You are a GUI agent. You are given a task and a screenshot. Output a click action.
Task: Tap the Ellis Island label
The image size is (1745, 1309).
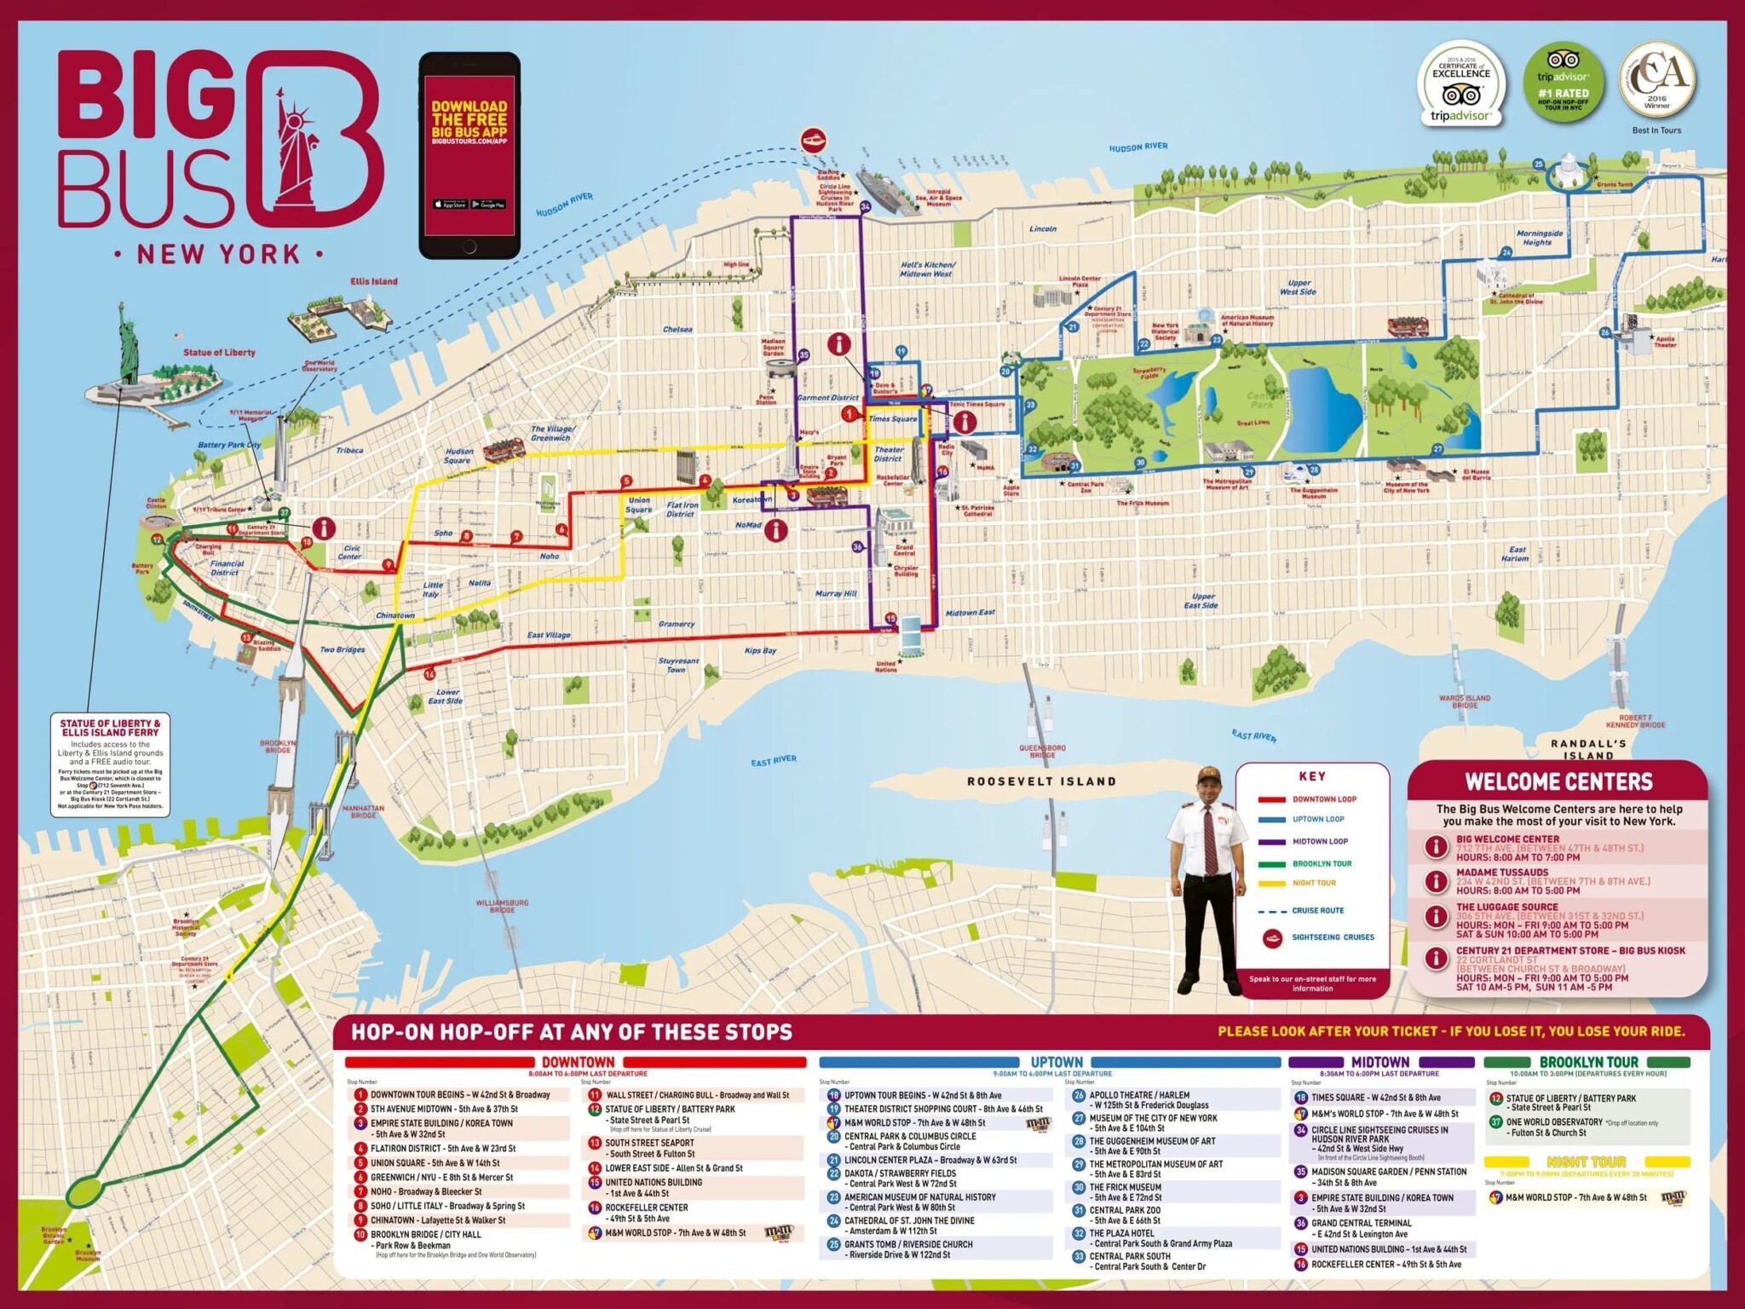(x=373, y=281)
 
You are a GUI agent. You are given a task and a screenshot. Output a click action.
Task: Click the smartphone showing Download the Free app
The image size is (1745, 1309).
(x=469, y=155)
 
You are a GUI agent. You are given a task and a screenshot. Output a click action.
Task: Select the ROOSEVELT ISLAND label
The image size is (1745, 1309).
(x=1041, y=781)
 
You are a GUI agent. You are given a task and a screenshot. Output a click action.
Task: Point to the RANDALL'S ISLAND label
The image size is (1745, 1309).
(x=1588, y=749)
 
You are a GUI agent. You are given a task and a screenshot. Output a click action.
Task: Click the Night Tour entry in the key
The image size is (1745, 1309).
(x=1314, y=883)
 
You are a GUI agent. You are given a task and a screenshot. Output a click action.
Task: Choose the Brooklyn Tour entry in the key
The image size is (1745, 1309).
(x=1322, y=863)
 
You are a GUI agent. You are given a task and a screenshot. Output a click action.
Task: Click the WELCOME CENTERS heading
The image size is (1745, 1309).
(x=1558, y=782)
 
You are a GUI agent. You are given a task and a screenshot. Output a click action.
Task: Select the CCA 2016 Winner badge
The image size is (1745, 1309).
(x=1657, y=81)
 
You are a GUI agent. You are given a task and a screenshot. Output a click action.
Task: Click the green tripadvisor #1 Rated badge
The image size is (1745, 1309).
(x=1562, y=84)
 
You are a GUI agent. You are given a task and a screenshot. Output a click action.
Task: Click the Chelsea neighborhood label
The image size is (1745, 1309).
(x=677, y=329)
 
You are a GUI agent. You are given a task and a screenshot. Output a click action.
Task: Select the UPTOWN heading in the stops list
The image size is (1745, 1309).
(x=1057, y=1062)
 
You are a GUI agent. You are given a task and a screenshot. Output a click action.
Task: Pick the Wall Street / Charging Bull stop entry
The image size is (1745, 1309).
(x=697, y=1095)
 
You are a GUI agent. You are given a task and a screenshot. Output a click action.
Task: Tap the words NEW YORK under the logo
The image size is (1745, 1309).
(x=219, y=254)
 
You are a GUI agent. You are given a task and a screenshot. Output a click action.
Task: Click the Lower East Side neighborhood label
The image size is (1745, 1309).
(x=446, y=696)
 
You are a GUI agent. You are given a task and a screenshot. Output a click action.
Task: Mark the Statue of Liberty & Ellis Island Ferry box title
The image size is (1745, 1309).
(x=110, y=728)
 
